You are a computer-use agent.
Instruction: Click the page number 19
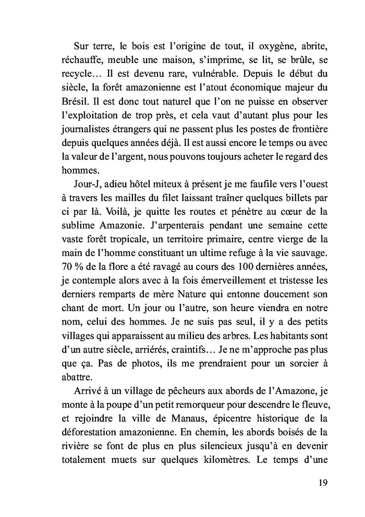[322, 482]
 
